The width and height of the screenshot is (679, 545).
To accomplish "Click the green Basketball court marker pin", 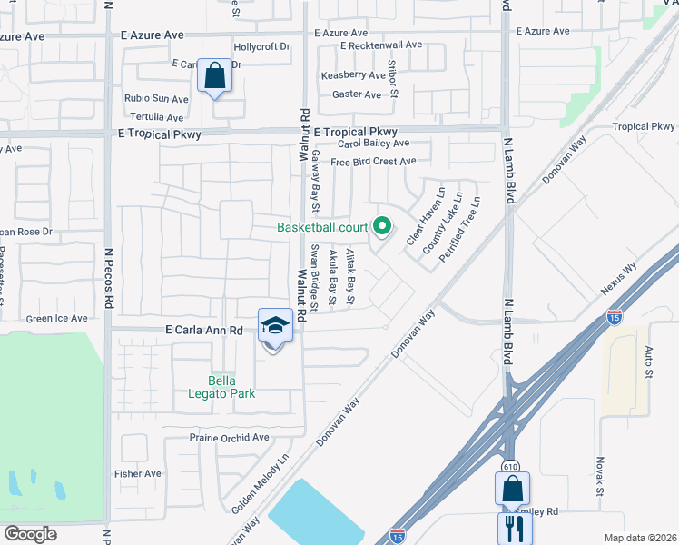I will pos(382,226).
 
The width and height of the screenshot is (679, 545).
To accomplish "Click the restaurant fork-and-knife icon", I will pos(512,529).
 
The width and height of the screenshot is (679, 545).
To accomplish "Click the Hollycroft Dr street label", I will pos(261,46).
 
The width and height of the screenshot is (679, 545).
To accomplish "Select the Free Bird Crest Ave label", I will pos(373,162).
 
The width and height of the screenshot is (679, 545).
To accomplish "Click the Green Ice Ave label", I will pos(56,319).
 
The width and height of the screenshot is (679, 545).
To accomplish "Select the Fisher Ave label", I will pos(137,473).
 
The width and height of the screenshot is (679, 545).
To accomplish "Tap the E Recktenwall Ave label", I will pos(381,45).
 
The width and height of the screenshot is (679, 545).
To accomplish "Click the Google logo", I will pos(31,533).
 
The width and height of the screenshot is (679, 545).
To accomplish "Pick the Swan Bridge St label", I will pos(314,278).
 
